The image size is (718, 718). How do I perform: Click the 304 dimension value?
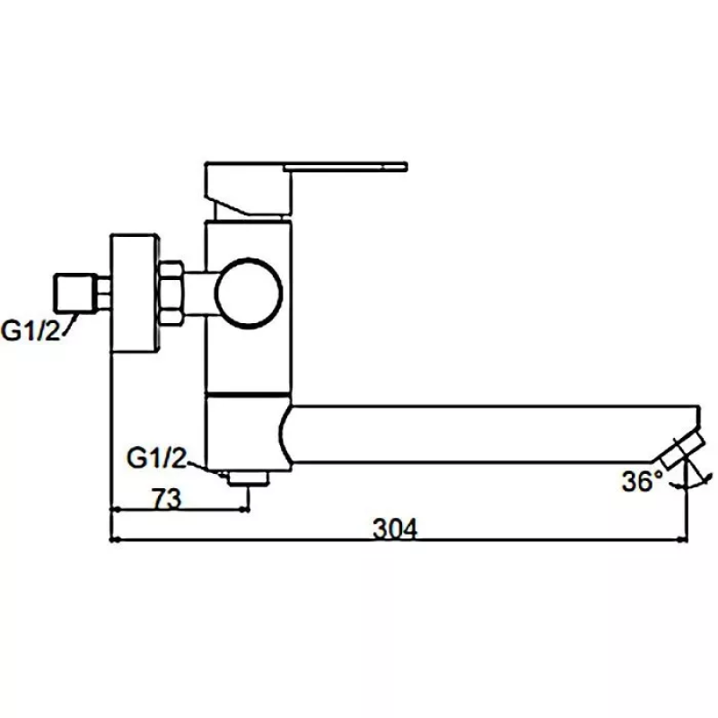pos(396,530)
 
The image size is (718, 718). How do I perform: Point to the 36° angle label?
pos(643,481)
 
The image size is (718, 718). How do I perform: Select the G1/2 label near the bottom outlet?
pos(156,460)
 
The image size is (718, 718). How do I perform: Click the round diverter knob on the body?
pos(249,292)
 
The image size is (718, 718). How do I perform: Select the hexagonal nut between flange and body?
pos(171,292)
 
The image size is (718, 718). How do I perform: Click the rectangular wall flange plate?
pos(136,293)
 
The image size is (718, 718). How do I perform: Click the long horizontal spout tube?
pos(485,435)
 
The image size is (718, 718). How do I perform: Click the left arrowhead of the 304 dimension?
pos(115,540)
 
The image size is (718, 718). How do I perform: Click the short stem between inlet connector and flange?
pos(104,291)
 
